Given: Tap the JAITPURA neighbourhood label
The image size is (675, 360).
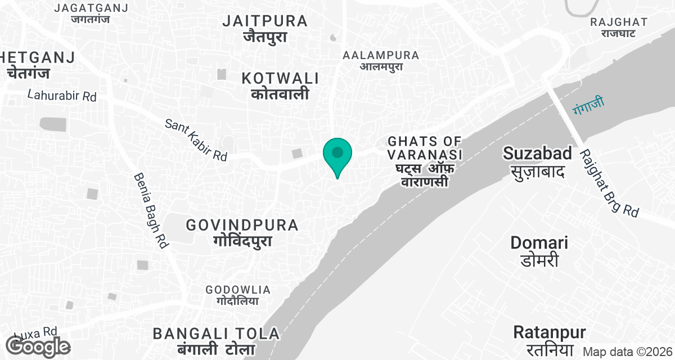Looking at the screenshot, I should [x=265, y=29].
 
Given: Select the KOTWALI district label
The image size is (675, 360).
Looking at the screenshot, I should [x=280, y=85].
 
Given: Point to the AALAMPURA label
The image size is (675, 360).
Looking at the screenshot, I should [x=381, y=60].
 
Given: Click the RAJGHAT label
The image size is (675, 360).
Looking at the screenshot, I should [x=619, y=28].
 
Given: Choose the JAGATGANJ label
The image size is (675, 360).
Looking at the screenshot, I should [x=91, y=13].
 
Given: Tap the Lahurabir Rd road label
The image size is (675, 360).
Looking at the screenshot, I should [x=62, y=96].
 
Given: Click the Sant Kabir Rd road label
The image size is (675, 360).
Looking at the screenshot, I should [x=196, y=140].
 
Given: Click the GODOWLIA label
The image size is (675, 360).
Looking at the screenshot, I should [x=238, y=295].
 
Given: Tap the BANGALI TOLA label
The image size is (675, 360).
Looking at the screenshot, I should [x=216, y=340].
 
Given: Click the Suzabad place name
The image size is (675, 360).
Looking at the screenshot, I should [x=537, y=161].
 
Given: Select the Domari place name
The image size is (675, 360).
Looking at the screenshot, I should [x=539, y=251].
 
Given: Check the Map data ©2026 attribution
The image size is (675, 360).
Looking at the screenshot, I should [x=627, y=352].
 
